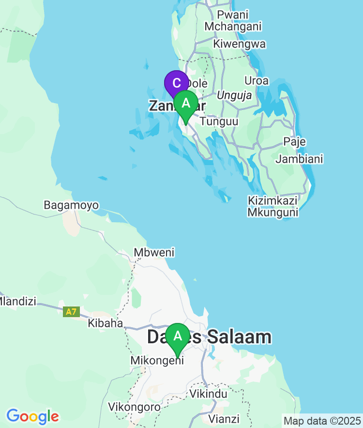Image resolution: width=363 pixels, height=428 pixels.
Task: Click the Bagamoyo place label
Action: [x=71, y=205]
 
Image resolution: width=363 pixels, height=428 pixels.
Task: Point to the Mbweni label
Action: [x=154, y=252]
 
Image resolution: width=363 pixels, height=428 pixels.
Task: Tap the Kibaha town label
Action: [x=105, y=323]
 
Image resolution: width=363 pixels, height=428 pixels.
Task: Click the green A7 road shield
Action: [x=71, y=312]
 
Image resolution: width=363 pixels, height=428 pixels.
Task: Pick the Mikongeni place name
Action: [x=157, y=361]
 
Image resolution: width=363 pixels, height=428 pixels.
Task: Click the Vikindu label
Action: [x=208, y=394]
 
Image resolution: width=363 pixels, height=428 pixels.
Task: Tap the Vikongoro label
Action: [x=134, y=406]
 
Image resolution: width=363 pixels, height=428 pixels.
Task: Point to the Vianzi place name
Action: [x=224, y=418]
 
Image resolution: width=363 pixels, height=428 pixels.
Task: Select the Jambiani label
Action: [x=300, y=159]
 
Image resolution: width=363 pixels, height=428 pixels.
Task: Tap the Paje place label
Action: [x=295, y=142]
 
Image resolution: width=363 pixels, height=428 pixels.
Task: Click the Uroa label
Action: [x=257, y=80]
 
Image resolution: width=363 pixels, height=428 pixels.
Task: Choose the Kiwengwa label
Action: [x=240, y=44]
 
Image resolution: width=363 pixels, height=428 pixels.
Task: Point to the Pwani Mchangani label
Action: [x=233, y=20]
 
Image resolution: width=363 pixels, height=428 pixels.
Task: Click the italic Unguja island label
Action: [x=234, y=96]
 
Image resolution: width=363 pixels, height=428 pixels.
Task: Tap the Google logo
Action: [x=32, y=416]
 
